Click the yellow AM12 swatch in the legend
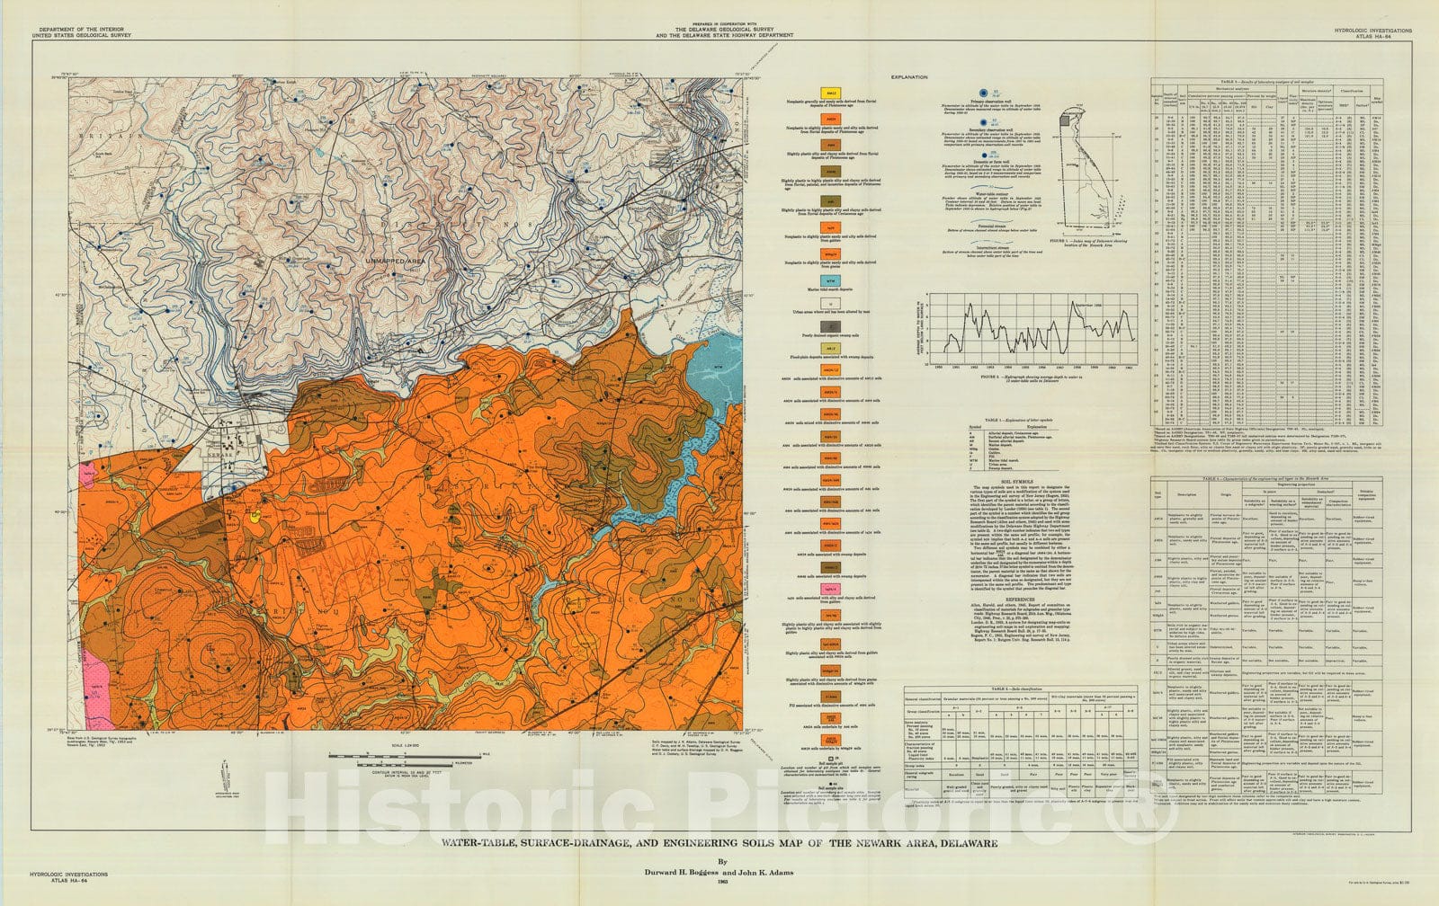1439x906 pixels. [833, 93]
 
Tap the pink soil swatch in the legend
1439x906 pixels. [833, 589]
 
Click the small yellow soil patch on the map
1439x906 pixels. [255, 517]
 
